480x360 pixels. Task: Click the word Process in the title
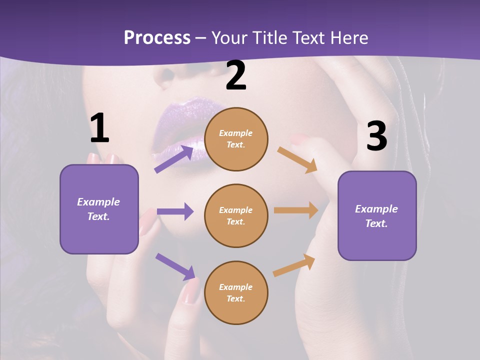157,38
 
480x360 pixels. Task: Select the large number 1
99,128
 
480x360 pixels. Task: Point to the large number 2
236,75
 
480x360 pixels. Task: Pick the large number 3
377,136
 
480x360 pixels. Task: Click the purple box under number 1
99,209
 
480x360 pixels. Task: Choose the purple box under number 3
377,216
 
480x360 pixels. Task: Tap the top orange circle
236,139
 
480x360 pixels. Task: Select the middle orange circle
236,216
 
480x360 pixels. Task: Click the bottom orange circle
236,293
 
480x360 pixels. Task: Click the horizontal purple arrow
175,211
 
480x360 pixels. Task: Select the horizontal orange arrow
296,210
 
